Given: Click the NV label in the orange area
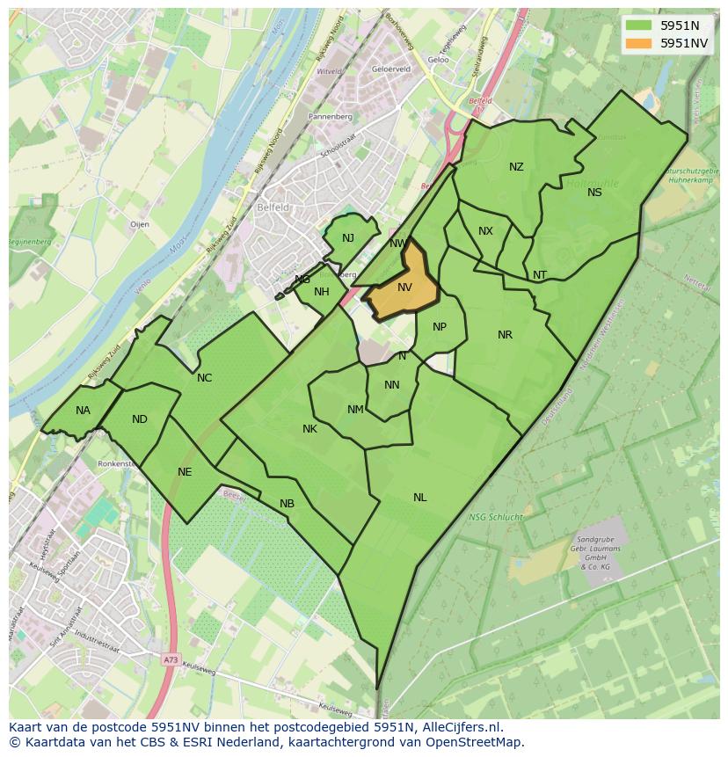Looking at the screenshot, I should [404, 288].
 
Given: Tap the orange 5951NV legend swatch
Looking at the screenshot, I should [639, 43].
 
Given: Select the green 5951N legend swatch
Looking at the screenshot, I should [639, 25].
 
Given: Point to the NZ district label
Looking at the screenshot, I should [516, 167].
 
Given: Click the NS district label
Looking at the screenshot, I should [595, 193].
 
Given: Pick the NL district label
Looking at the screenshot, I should [420, 498].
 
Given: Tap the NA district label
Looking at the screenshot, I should [83, 411].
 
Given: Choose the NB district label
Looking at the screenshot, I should [287, 504].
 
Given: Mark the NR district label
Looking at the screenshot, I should [505, 335].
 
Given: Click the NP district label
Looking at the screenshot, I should [440, 327].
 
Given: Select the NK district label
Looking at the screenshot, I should [309, 429].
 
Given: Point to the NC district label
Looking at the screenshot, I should [204, 378].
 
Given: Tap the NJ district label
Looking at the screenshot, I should [348, 238].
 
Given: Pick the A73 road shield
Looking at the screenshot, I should [170, 659].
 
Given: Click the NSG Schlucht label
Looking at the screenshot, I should [497, 517].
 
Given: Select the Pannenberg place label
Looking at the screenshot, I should [331, 116].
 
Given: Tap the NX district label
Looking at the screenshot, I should [485, 231].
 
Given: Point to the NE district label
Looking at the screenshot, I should [185, 472].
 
